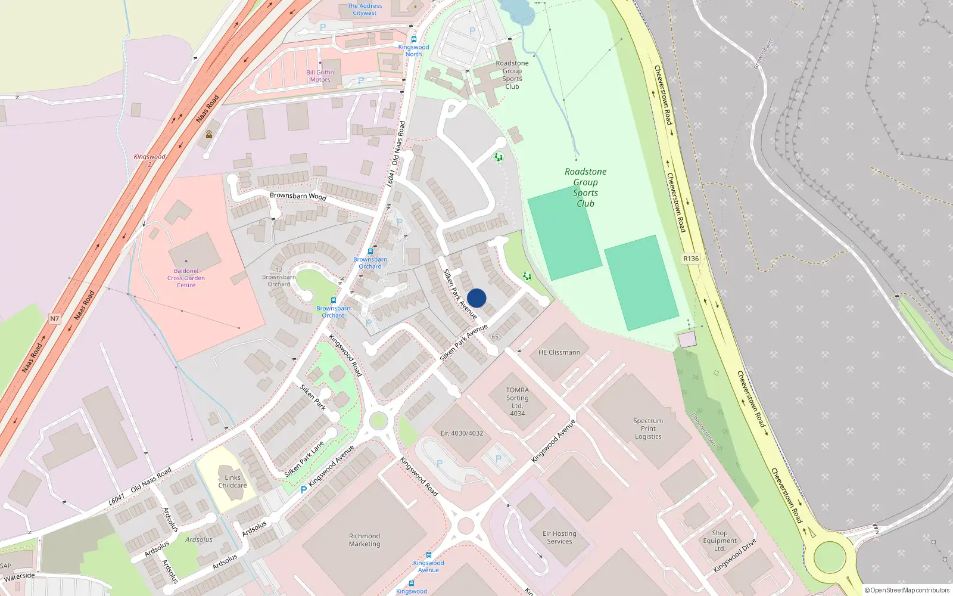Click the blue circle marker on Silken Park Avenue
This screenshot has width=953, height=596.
point(476,298)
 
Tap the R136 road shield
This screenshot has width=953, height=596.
point(691,259)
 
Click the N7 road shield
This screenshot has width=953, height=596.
point(55,319)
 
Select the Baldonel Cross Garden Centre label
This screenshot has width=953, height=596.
point(186,278)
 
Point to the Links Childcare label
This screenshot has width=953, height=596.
point(232,482)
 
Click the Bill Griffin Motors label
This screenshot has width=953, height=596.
point(320,76)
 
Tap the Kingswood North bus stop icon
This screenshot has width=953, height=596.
point(414,39)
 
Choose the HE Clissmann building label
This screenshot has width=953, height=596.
point(559,352)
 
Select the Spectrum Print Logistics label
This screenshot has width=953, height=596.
point(648,429)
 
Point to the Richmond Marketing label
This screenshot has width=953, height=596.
point(365,540)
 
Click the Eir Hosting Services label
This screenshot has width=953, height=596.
point(559,538)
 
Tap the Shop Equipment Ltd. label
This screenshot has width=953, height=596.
point(720,541)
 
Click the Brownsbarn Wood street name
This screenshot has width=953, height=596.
point(298,196)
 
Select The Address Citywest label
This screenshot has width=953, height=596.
point(365,10)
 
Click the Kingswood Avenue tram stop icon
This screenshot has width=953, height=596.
point(428,555)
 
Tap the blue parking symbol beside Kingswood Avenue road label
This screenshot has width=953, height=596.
point(304,490)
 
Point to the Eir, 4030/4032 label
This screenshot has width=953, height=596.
point(462,433)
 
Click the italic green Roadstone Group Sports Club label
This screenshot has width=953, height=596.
point(585,187)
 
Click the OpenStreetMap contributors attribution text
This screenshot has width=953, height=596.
point(907,590)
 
